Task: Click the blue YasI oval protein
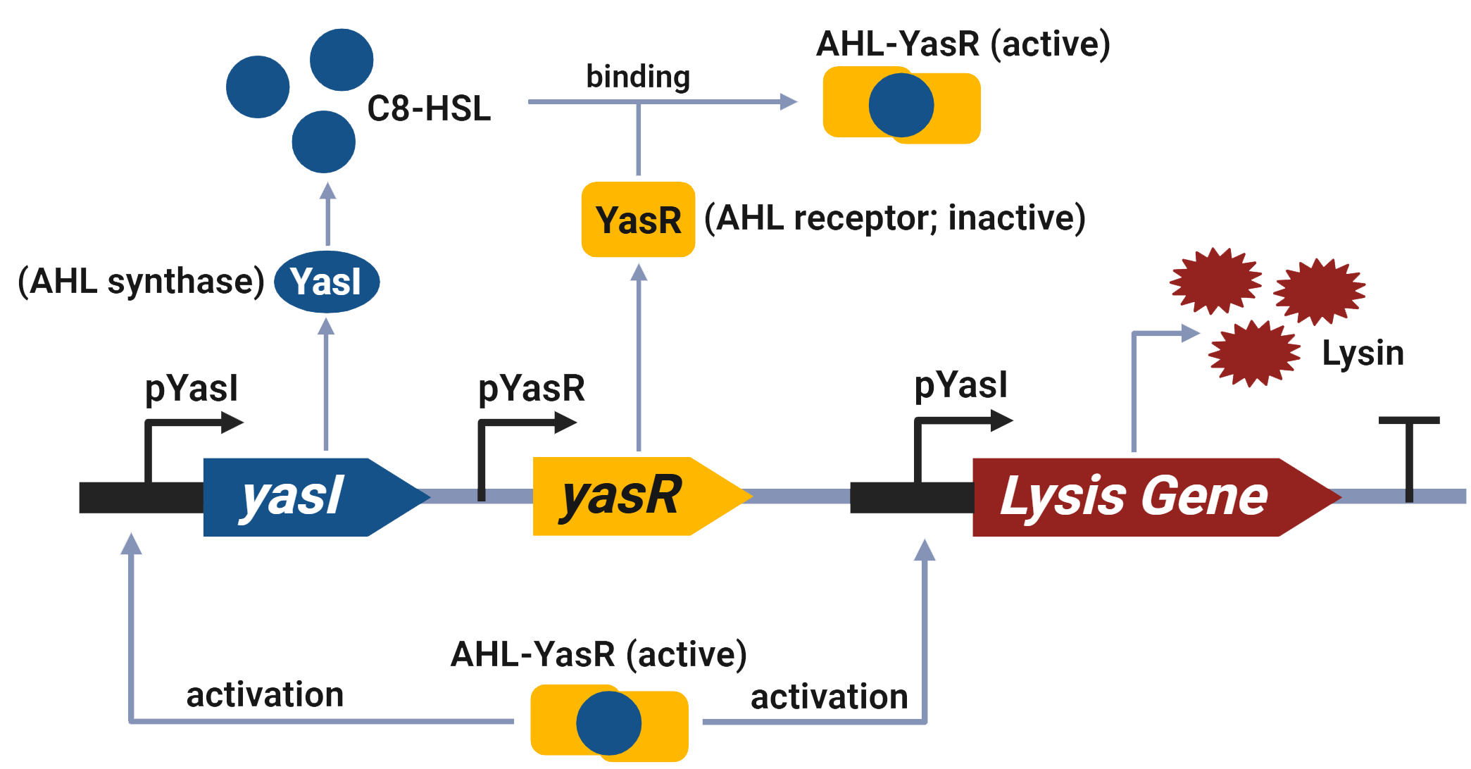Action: pos(327,282)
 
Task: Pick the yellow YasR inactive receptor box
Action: pos(638,220)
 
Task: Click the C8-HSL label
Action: pos(429,109)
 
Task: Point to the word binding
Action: pos(638,76)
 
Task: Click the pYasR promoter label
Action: pos(532,388)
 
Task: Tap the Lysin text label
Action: pos(1363,353)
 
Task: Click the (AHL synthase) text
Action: pos(141,282)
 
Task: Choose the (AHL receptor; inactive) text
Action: pos(894,218)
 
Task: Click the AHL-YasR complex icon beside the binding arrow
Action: pos(901,106)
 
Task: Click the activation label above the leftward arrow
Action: pos(265,695)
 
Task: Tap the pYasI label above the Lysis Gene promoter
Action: pos(960,385)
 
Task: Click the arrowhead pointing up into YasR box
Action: pos(639,272)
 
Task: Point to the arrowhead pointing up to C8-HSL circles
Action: pos(327,190)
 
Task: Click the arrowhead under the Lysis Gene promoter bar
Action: pos(925,549)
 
